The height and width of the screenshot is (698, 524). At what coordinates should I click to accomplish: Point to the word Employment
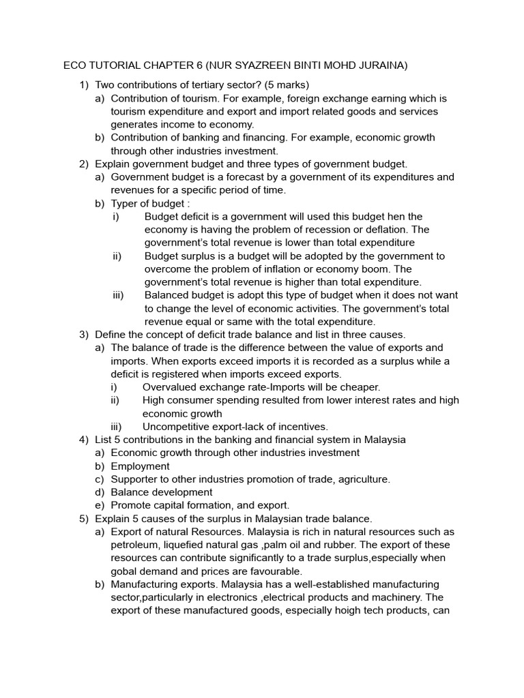pos(141,466)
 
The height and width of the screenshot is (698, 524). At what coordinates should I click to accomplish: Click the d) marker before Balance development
pos(100,492)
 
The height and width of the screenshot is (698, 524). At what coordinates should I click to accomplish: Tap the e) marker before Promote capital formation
pos(100,505)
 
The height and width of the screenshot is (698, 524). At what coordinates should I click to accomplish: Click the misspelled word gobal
pos(126,571)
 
